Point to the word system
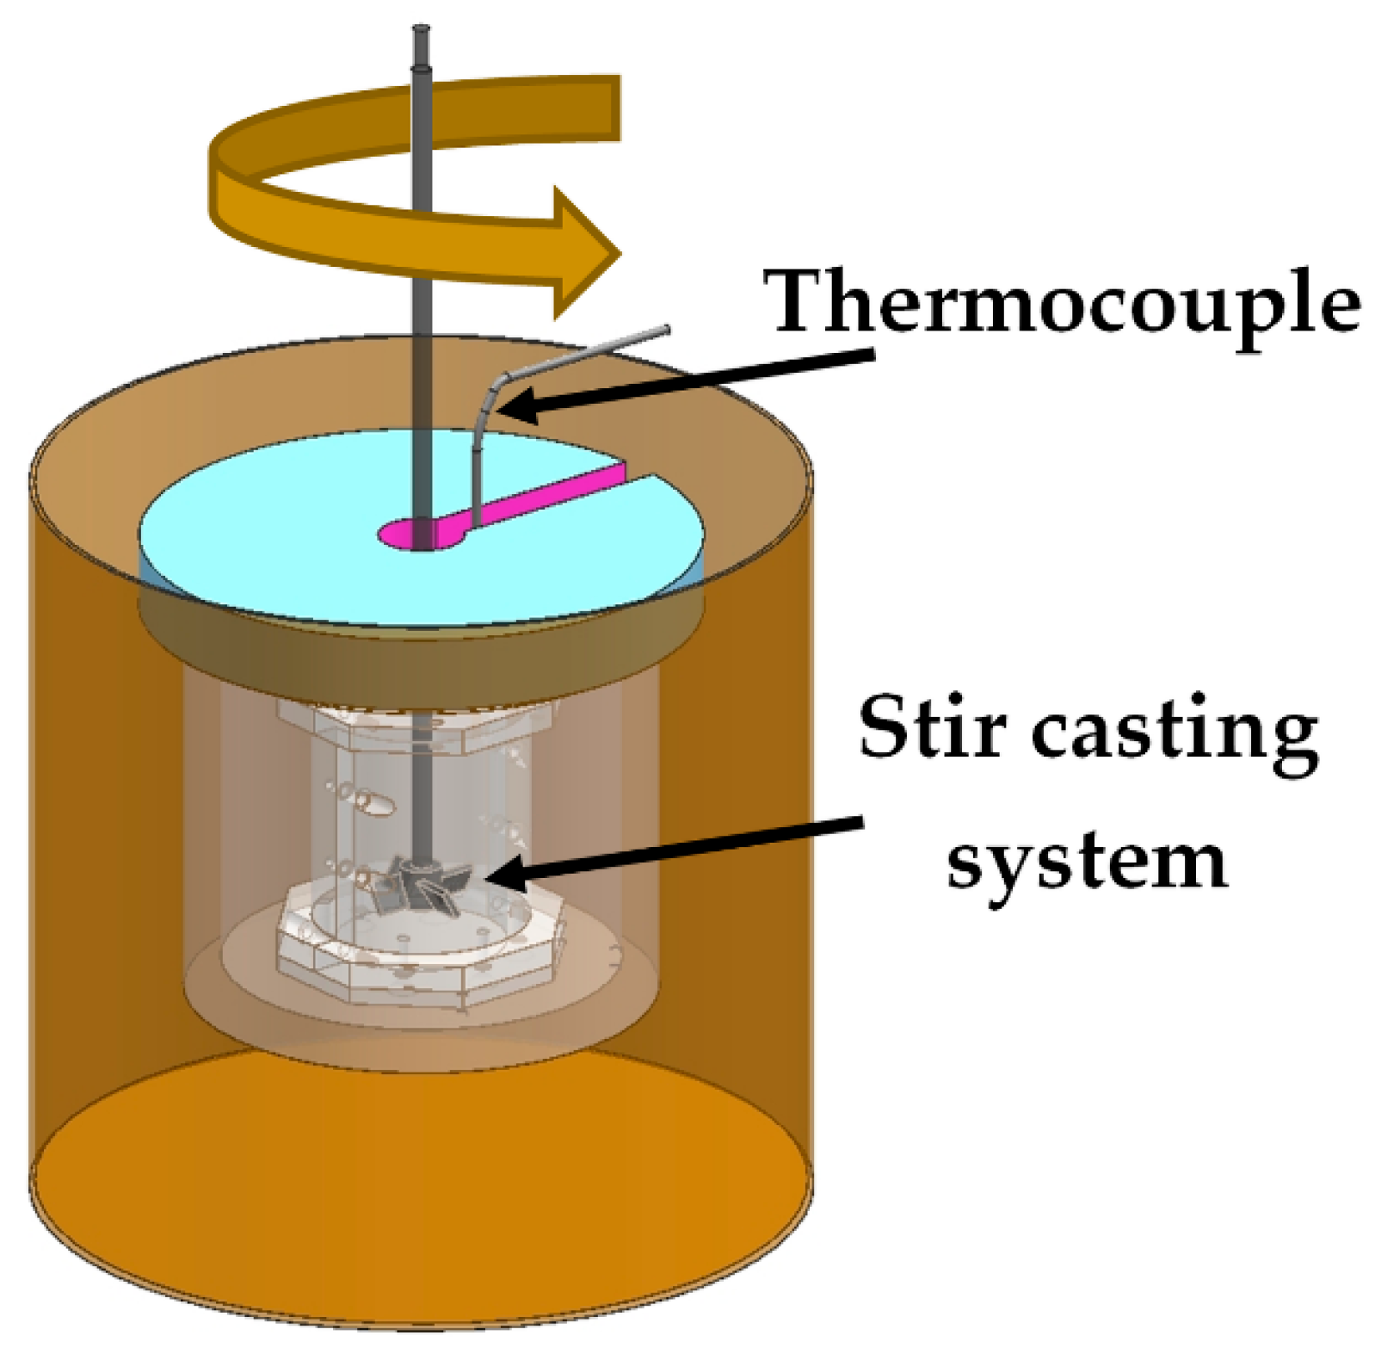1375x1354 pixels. (1087, 862)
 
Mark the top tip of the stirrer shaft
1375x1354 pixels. (422, 32)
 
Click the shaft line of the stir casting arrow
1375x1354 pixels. (688, 848)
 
